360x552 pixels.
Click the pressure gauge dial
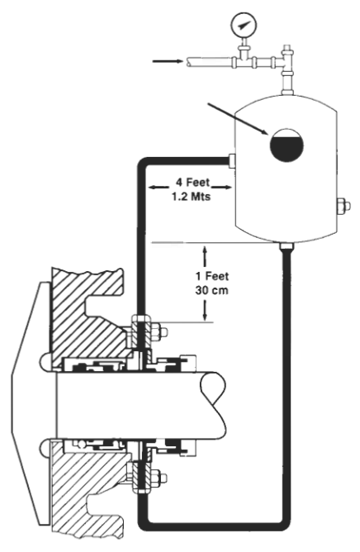click(244, 25)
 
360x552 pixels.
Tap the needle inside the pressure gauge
click(244, 25)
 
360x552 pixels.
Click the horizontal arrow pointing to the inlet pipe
click(167, 62)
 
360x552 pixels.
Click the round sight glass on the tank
click(287, 145)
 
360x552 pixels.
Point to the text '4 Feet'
click(192, 183)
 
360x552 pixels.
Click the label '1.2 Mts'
click(191, 196)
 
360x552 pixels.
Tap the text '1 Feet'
click(212, 276)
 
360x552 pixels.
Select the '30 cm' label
click(212, 290)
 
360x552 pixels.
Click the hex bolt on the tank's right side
click(343, 207)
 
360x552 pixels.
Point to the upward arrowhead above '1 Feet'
click(205, 250)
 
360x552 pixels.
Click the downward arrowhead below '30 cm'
click(205, 316)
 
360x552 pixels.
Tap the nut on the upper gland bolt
click(163, 331)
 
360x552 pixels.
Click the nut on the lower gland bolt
click(163, 478)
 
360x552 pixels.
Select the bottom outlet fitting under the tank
click(287, 246)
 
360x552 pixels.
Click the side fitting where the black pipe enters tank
click(232, 160)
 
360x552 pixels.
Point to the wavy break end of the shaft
click(215, 404)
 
